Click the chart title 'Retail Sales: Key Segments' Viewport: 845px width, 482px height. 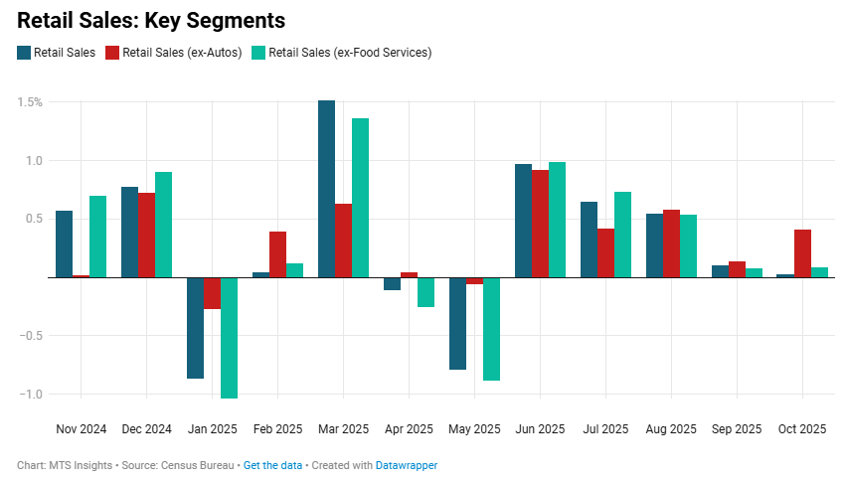[x=151, y=20]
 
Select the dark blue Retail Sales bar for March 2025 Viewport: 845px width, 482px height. [x=326, y=189]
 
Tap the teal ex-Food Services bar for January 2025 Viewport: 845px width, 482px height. [x=229, y=338]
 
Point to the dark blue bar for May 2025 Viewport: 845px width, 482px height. [x=457, y=323]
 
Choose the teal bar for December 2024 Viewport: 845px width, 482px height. [x=163, y=225]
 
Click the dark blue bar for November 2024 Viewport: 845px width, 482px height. [x=64, y=243]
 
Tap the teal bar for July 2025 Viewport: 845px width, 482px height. [x=622, y=235]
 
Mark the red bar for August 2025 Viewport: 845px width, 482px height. [x=671, y=243]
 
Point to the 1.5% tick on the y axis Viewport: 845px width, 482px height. [x=29, y=102]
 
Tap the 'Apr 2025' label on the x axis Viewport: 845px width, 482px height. [x=409, y=429]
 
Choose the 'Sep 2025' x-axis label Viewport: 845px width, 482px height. [x=737, y=429]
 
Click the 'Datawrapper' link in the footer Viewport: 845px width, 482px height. [x=406, y=465]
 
